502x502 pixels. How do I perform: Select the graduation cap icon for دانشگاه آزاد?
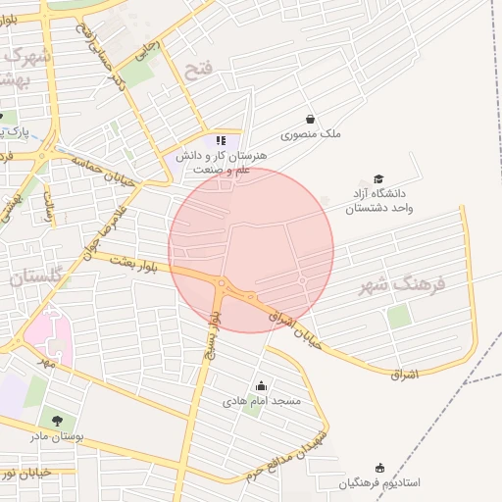(378, 177)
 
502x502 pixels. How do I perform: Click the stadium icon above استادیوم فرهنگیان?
(380, 468)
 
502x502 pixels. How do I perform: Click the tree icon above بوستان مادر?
(55, 421)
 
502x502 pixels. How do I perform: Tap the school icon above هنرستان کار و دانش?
(221, 139)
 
